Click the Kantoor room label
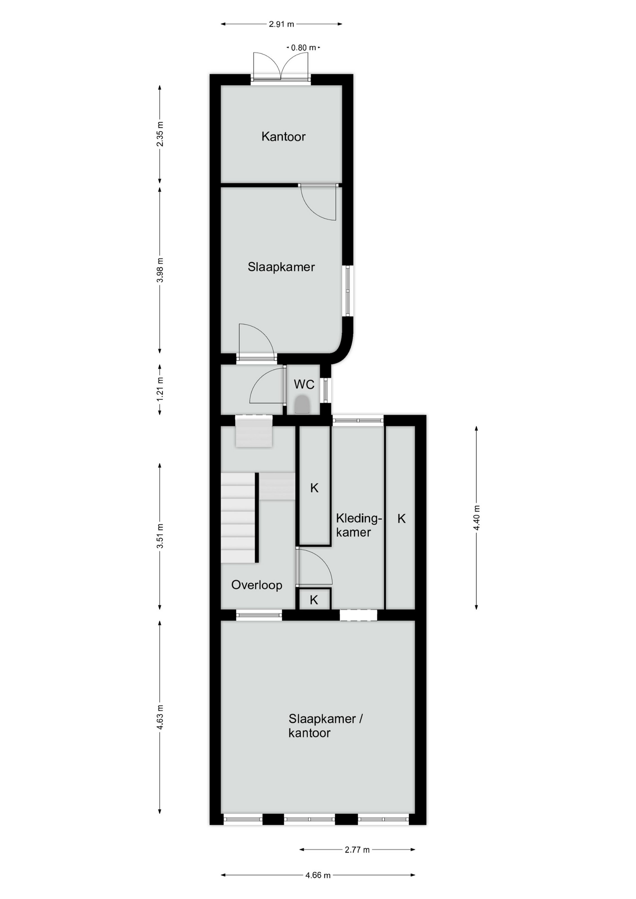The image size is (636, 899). click(283, 137)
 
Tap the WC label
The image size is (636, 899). click(304, 384)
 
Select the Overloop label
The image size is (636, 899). click(257, 585)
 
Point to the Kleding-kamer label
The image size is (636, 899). click(359, 525)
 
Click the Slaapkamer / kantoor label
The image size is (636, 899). click(325, 725)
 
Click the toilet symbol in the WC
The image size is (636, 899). click(302, 405)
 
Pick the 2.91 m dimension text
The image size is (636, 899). click(281, 24)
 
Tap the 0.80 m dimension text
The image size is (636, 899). click(304, 48)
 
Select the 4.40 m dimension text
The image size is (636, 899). click(477, 518)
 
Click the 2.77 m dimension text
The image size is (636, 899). click(357, 850)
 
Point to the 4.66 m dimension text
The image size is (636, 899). click(318, 875)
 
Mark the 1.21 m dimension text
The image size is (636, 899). click(160, 389)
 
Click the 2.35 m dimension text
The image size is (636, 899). click(160, 134)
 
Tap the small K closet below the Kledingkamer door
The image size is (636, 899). click(314, 599)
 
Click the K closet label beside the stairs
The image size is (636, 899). click(314, 488)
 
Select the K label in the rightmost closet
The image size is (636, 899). click(401, 518)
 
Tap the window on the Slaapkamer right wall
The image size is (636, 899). click(348, 291)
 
